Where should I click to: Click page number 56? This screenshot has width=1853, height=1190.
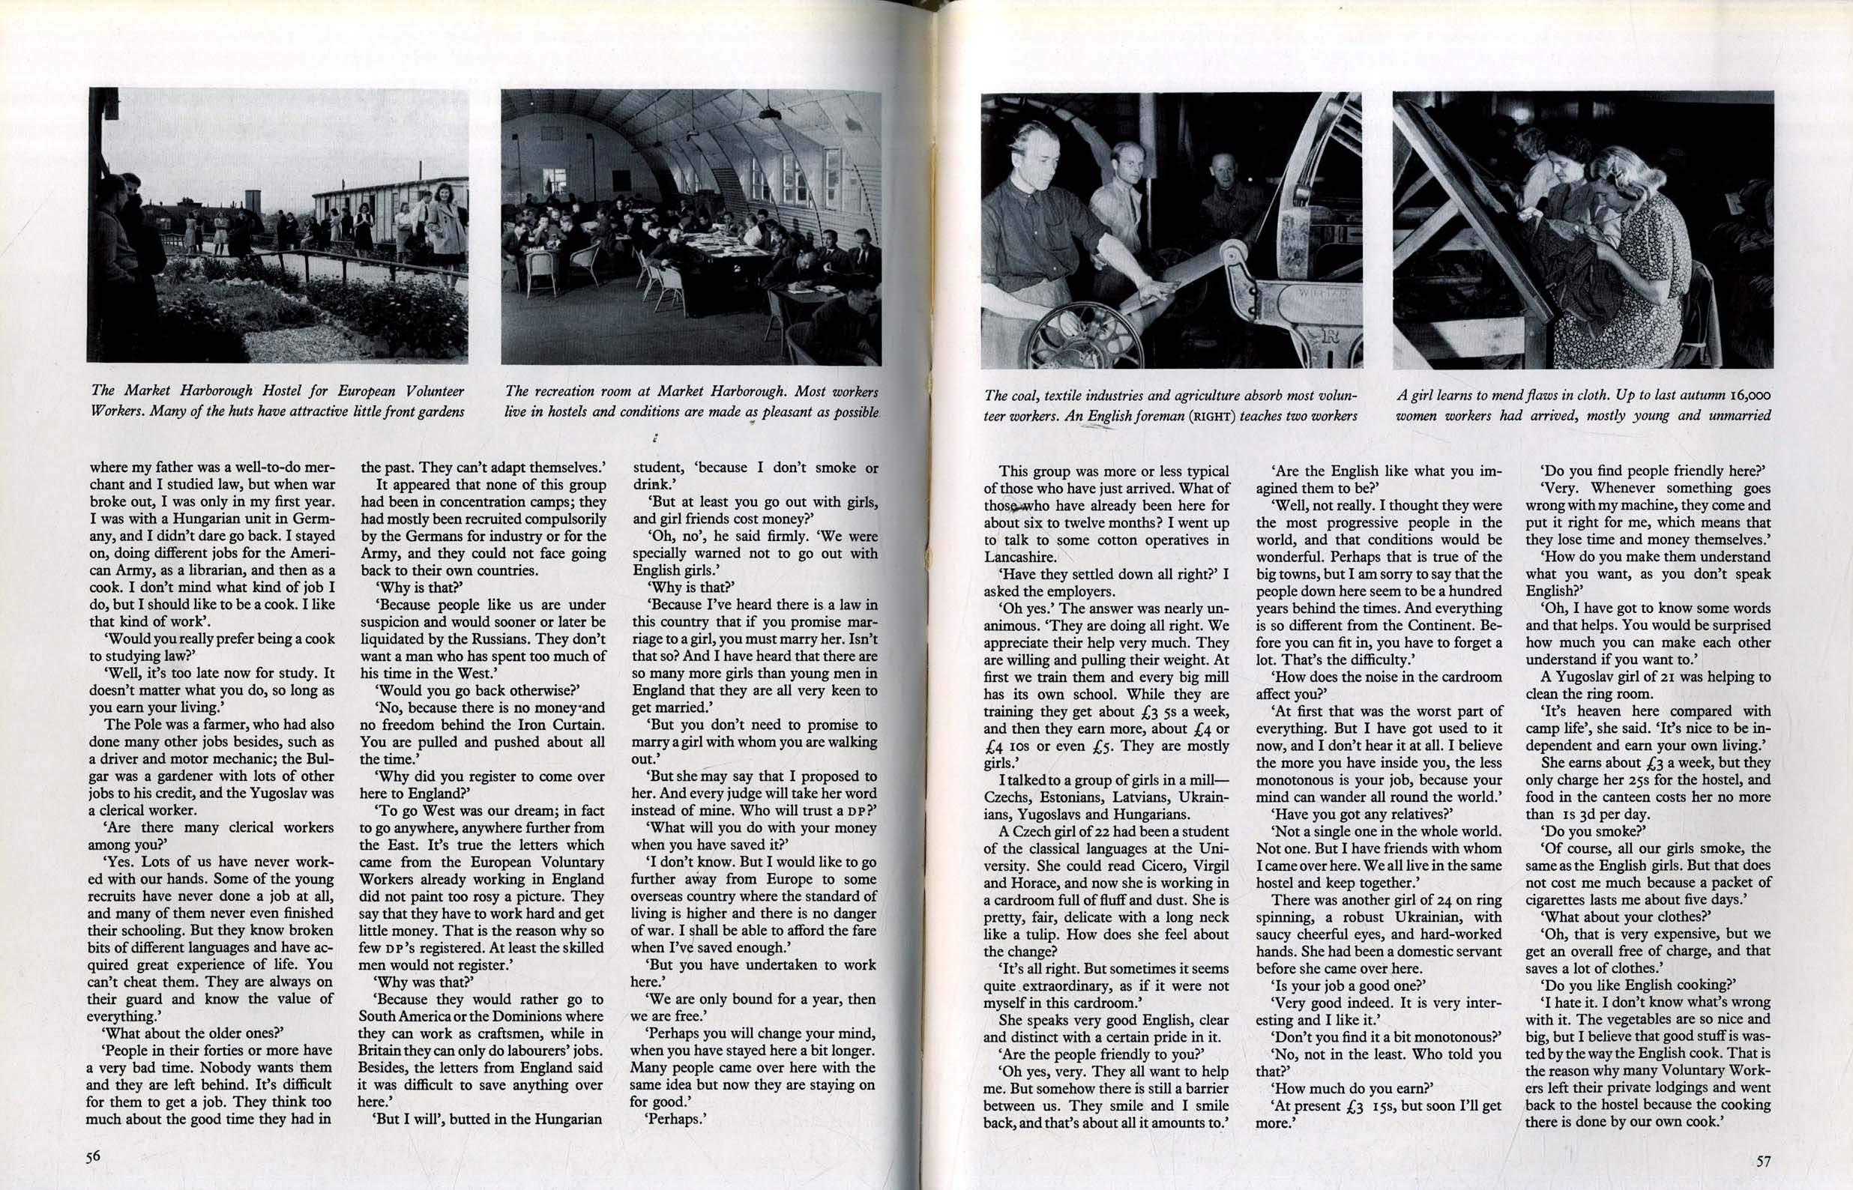click(94, 1157)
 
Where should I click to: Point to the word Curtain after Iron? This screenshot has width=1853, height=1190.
click(577, 725)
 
